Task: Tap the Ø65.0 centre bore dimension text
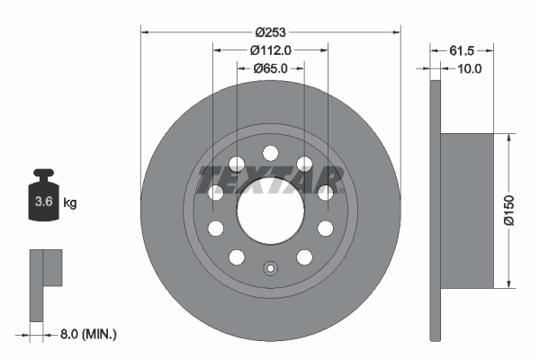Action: click(270, 67)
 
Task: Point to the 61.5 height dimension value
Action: click(461, 50)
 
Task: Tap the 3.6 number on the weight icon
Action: click(41, 202)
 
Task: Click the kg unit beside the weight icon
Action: click(70, 203)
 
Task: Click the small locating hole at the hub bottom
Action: click(270, 268)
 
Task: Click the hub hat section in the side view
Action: click(468, 210)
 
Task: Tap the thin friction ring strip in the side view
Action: click(436, 209)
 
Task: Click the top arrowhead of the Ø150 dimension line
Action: click(511, 136)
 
